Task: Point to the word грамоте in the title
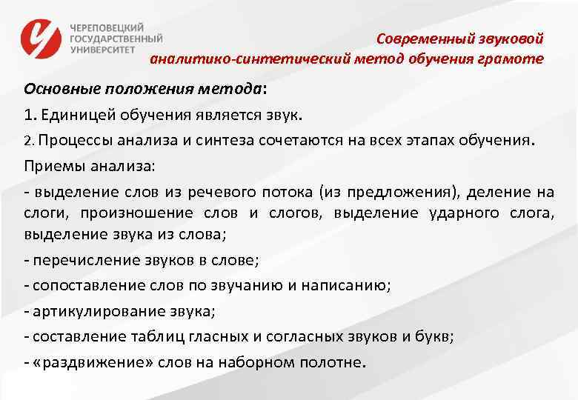click(x=517, y=59)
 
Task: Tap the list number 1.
click(x=28, y=115)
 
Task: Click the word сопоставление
click(x=82, y=286)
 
